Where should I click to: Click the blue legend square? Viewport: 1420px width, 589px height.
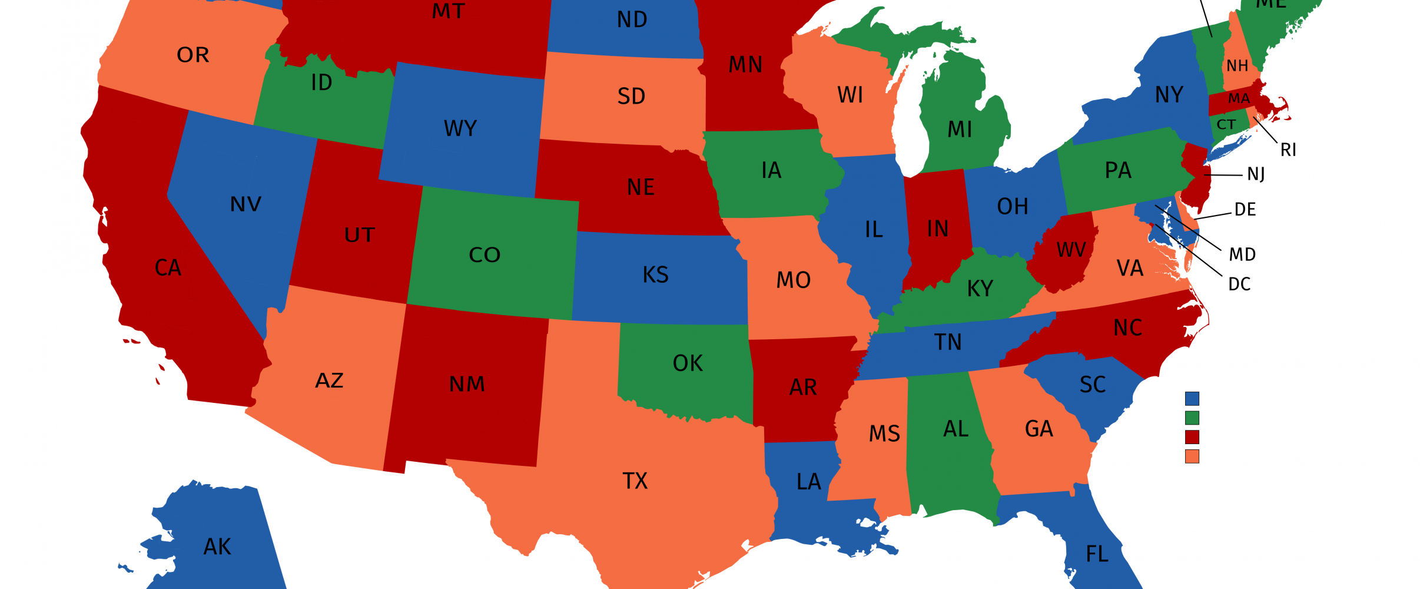tap(1192, 399)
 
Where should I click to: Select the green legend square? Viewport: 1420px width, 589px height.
tap(1192, 418)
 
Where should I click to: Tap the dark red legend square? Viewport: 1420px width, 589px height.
tap(1192, 437)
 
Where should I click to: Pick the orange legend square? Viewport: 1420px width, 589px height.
tap(1192, 456)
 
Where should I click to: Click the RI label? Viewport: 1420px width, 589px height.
tap(1288, 150)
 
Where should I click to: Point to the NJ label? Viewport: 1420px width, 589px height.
tap(1256, 174)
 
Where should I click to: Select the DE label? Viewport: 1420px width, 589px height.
tap(1245, 210)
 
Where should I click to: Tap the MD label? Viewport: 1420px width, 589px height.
tap(1242, 254)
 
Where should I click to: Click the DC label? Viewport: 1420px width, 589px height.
tap(1239, 284)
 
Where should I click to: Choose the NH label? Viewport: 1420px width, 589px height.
tap(1237, 66)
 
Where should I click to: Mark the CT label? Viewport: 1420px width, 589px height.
tap(1226, 125)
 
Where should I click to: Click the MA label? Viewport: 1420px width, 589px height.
tap(1239, 99)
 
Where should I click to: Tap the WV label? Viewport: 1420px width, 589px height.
tap(1071, 250)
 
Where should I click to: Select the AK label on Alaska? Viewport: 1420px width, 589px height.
tap(217, 547)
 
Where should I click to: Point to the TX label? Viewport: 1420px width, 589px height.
tap(635, 481)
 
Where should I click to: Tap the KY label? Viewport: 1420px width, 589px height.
tap(980, 289)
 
